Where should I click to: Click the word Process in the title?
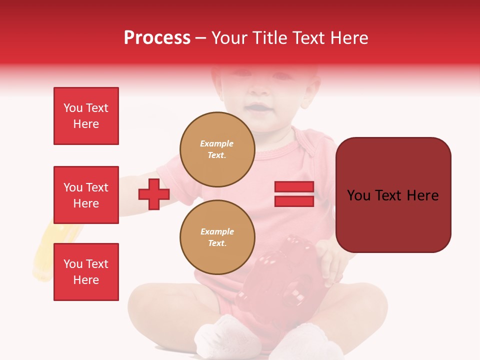157,37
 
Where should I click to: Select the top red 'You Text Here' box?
86,116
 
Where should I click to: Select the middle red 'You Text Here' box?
86,195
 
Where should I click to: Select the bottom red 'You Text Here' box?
86,272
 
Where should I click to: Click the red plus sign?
154,194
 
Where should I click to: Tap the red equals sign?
294,194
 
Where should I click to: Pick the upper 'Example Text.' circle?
217,149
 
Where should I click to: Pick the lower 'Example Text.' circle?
217,237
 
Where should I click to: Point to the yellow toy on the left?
55,250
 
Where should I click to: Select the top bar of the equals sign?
294,187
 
